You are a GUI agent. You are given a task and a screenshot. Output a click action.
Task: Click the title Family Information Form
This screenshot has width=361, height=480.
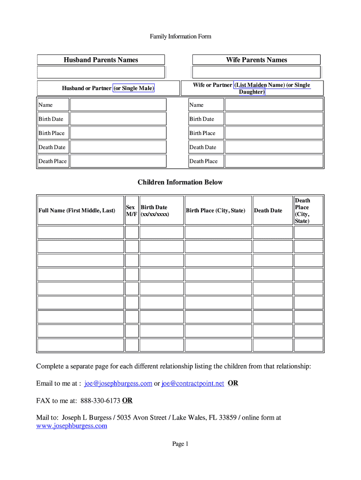point(180,37)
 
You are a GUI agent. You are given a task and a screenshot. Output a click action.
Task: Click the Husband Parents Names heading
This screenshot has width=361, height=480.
point(101,60)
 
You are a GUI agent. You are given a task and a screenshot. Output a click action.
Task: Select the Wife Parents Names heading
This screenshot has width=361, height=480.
point(256,60)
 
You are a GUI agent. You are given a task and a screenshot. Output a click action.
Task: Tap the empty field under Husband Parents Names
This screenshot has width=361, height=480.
point(101,72)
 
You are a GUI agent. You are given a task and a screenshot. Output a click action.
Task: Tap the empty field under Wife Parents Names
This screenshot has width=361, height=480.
point(256,72)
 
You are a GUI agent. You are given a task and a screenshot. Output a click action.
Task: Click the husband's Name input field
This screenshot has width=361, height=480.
point(118,105)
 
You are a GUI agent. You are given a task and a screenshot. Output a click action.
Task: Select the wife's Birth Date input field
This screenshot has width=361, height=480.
point(274,119)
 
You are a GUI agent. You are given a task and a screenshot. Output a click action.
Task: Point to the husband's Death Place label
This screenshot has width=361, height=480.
point(53,161)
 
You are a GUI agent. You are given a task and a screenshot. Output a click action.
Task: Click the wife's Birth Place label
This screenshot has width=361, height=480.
point(203,133)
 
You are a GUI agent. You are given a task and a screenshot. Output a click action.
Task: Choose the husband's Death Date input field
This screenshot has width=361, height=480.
point(118,147)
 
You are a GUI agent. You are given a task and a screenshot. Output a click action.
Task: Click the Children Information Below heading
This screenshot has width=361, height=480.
point(180,182)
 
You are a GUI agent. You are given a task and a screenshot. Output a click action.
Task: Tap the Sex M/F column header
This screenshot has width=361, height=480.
point(131,210)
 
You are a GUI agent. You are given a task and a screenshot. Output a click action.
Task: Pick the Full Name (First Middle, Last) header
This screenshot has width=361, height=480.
point(76,210)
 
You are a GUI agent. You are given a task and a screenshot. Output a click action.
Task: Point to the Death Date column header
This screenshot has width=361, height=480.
point(268,210)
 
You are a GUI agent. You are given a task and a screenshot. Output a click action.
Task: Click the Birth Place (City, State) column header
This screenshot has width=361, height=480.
point(216,210)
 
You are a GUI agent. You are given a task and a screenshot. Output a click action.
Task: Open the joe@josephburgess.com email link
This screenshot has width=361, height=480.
point(118,383)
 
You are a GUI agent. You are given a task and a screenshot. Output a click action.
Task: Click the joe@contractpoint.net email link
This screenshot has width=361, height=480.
point(193,383)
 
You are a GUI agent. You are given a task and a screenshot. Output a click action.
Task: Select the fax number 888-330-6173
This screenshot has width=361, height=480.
point(100,400)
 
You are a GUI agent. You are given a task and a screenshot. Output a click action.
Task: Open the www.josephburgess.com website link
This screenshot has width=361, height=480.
point(72,426)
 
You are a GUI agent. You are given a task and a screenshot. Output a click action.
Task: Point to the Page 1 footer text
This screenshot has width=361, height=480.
point(180,444)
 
